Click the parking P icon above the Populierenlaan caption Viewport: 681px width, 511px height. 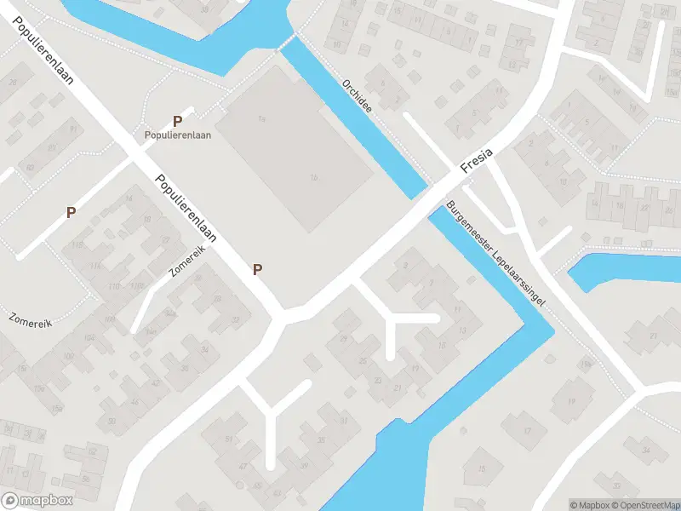tap(177, 122)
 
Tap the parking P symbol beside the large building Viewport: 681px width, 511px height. tap(257, 269)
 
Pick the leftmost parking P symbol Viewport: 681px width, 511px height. tap(72, 212)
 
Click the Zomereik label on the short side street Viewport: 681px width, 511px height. tap(187, 261)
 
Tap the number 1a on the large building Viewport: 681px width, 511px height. tap(263, 118)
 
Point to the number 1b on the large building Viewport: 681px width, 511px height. tap(313, 177)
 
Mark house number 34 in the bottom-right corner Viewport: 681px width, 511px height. tap(646, 449)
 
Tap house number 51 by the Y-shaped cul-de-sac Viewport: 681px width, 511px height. tap(229, 439)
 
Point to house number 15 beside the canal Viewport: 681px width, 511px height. tap(482, 468)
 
